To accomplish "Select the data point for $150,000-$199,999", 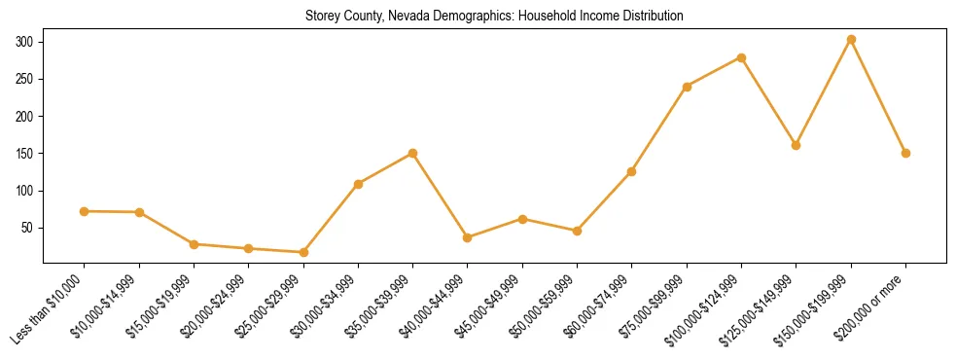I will coord(851,40).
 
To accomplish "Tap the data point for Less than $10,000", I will coord(85,211).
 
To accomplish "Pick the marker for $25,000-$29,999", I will coord(303,252).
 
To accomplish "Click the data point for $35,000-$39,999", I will coord(413,153).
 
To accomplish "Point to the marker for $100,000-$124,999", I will coord(741,57).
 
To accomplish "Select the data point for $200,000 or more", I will coord(905,153).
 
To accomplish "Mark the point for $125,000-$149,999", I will coord(797,145).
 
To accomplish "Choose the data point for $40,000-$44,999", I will coord(468,237).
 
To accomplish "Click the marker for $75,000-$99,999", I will coord(687,87).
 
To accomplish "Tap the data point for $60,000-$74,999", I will coord(632,171).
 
